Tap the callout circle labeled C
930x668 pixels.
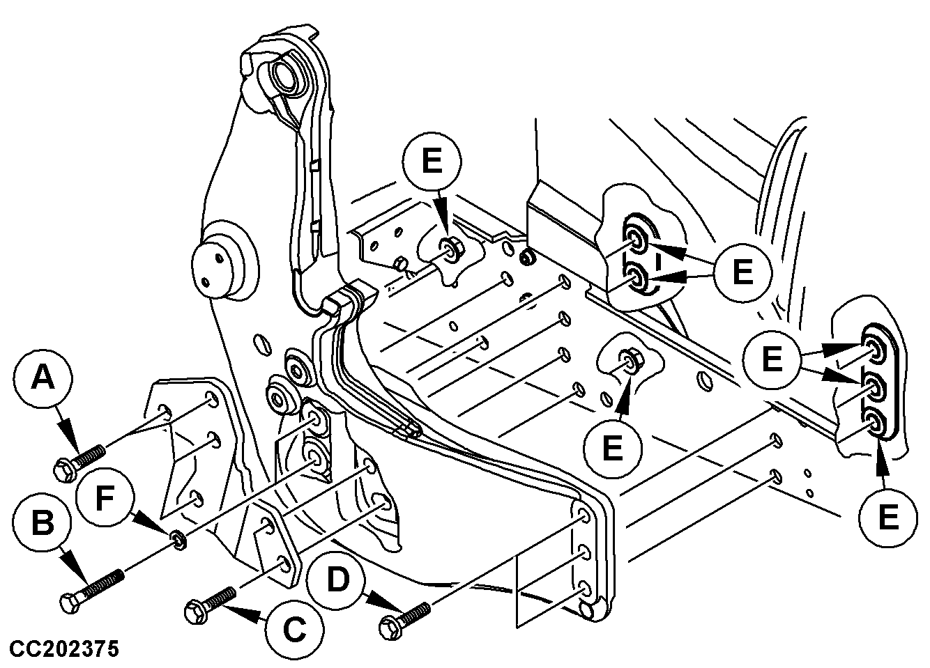tap(293, 630)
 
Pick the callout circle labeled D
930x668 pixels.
tap(337, 580)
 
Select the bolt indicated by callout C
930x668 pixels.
tap(210, 603)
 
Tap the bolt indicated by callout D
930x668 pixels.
tap(404, 618)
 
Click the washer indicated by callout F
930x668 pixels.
tap(178, 538)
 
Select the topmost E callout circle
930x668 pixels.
tap(432, 162)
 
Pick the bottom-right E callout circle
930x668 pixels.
tap(887, 518)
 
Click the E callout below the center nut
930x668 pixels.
tap(611, 446)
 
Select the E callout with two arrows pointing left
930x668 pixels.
tap(742, 271)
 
